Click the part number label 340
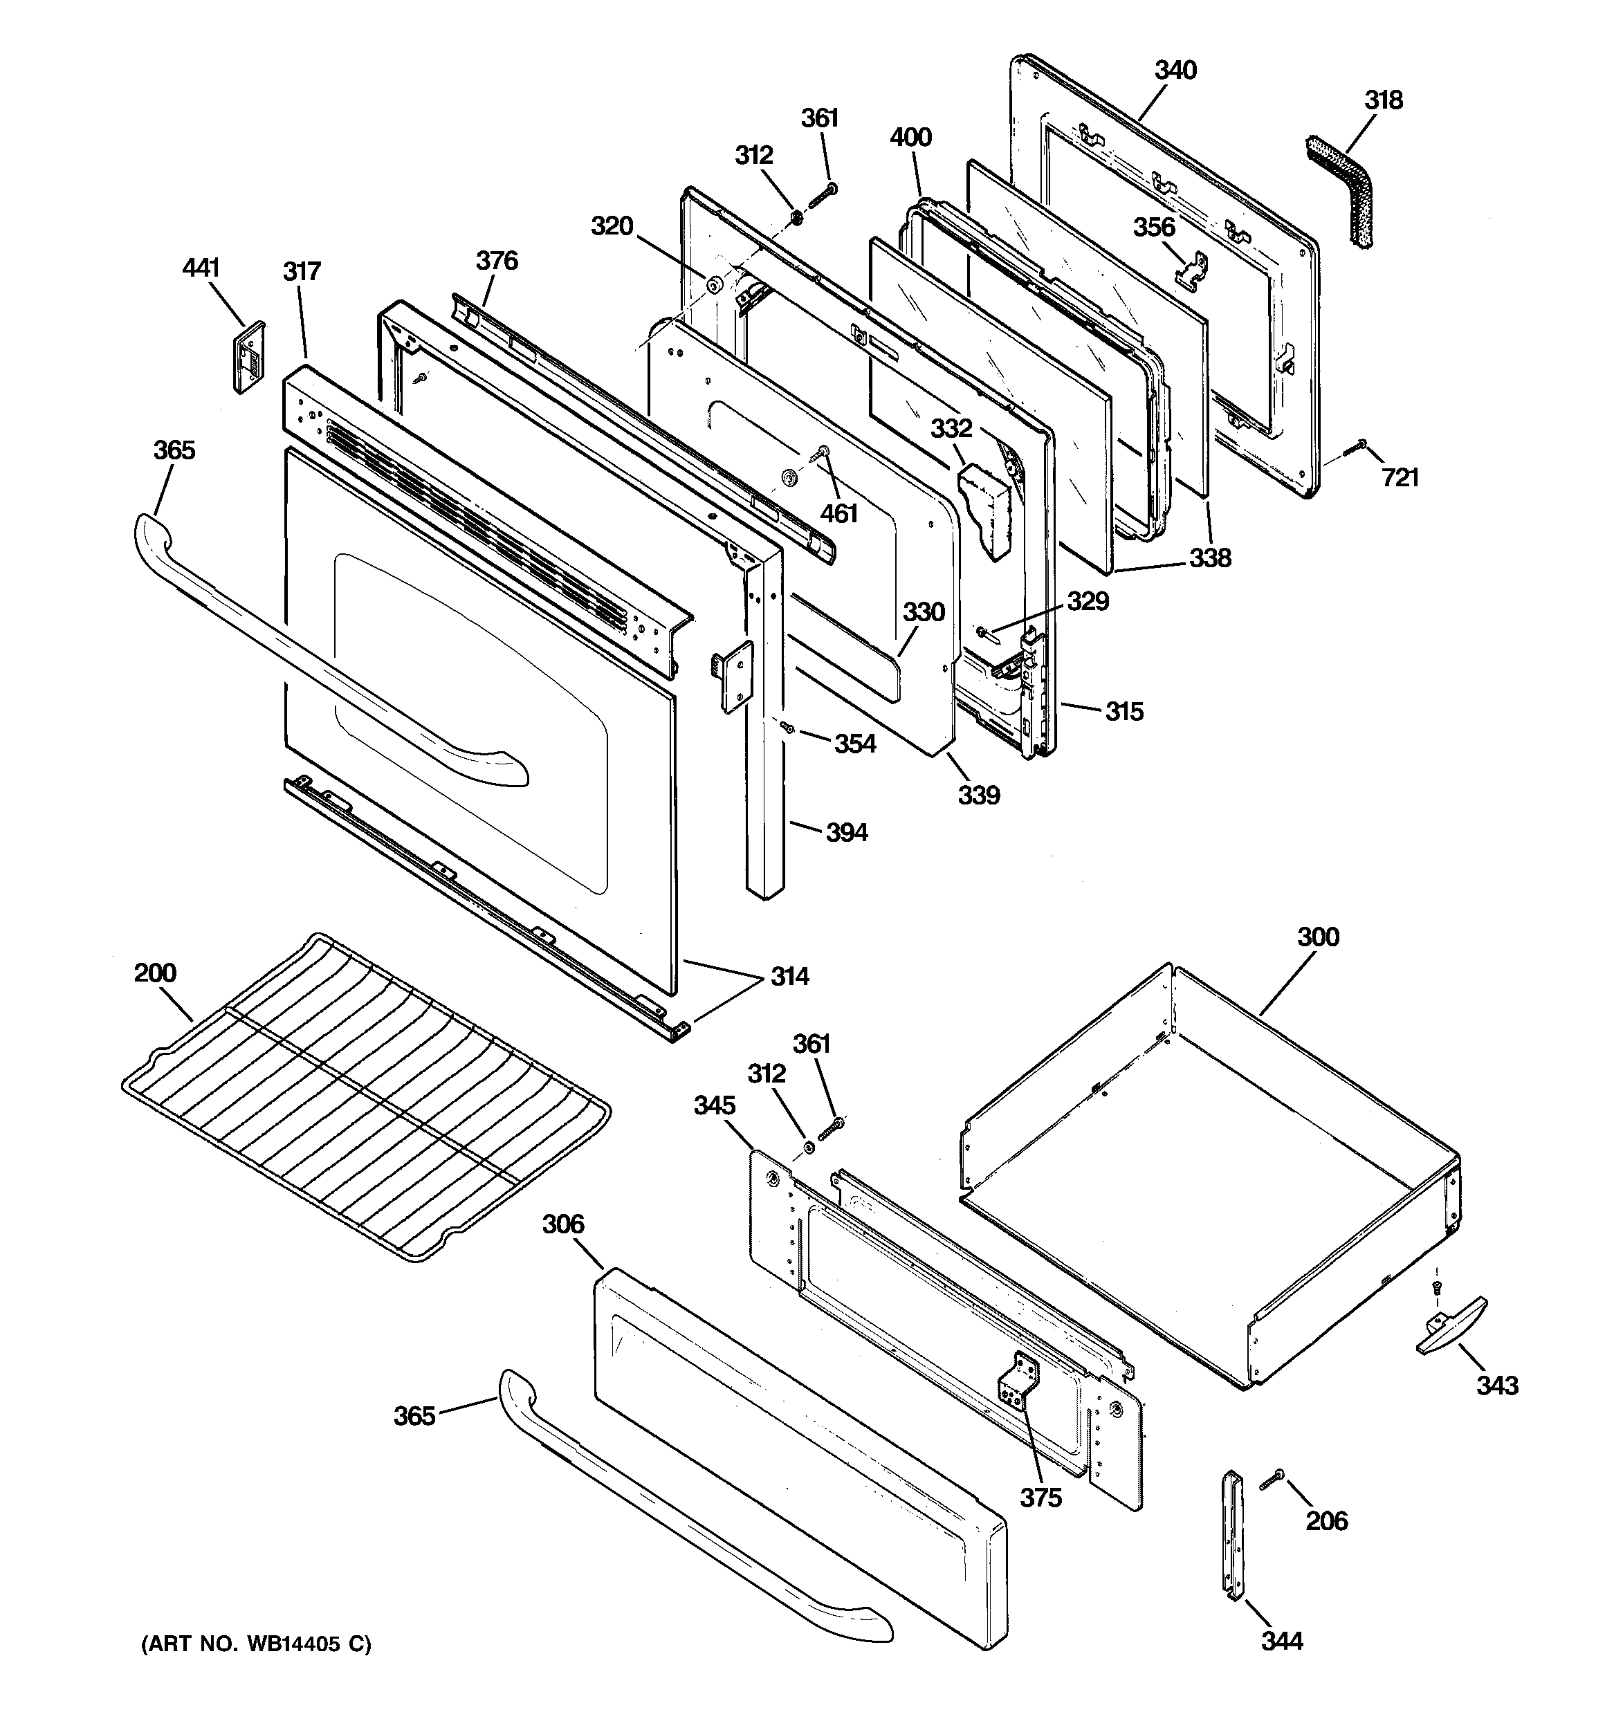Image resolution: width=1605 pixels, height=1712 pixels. pos(1176,70)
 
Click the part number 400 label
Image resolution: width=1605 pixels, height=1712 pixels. pos(910,137)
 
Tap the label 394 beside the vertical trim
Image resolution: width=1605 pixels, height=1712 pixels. pos(847,832)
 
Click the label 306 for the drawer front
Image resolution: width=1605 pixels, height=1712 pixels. pos(563,1224)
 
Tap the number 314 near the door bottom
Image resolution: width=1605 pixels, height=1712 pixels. pos(789,977)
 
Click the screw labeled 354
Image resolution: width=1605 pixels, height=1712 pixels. pos(787,728)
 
